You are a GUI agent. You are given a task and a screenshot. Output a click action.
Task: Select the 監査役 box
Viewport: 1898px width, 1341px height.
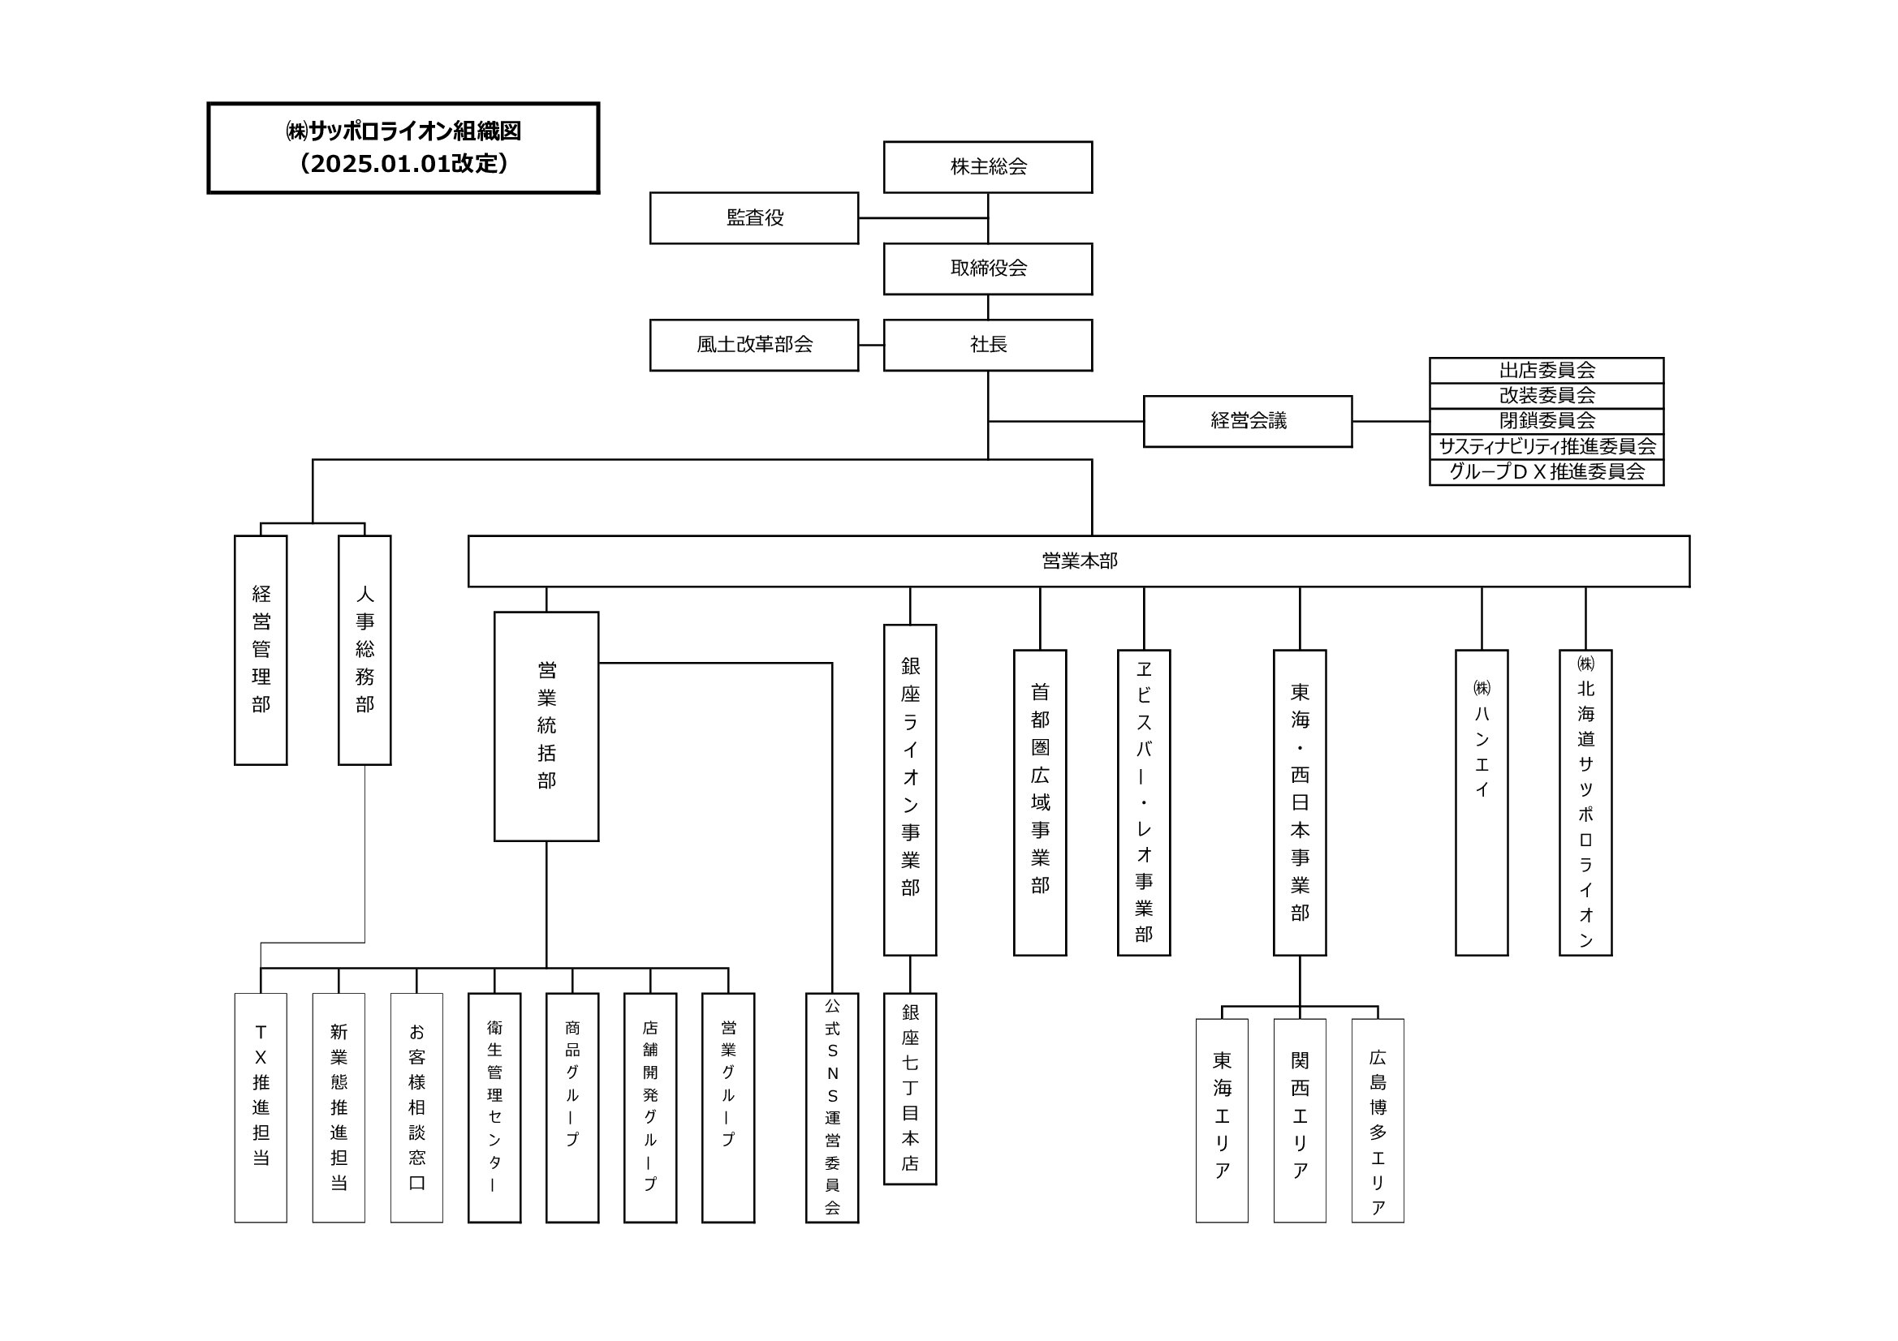pyautogui.click(x=754, y=218)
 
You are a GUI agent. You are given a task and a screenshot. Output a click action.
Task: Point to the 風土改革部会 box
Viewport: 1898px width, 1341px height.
pyautogui.click(x=754, y=345)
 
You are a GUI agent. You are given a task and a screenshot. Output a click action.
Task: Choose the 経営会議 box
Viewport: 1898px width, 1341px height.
pyautogui.click(x=1248, y=421)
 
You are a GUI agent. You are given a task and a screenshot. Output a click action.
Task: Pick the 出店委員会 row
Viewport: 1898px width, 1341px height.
pyautogui.click(x=1546, y=370)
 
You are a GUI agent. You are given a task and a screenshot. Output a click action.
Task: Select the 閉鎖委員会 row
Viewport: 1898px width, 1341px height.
pyautogui.click(x=1546, y=420)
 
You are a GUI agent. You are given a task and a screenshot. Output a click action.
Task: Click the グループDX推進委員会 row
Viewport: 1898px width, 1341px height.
pyautogui.click(x=1546, y=472)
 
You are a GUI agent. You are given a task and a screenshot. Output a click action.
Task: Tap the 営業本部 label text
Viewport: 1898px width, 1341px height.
pyautogui.click(x=1079, y=561)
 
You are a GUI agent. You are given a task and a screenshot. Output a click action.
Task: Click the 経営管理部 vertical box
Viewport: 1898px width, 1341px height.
pyautogui.click(x=261, y=650)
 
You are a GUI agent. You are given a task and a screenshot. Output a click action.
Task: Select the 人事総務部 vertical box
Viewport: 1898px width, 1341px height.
pyautogui.click(x=365, y=650)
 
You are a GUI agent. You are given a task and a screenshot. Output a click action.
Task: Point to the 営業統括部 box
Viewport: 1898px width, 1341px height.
pyautogui.click(x=546, y=726)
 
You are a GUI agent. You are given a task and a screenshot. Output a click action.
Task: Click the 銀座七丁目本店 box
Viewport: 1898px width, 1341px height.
pyautogui.click(x=909, y=1088)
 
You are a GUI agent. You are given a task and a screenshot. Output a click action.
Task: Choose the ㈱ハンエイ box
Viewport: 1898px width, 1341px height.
pyautogui.click(x=1482, y=802)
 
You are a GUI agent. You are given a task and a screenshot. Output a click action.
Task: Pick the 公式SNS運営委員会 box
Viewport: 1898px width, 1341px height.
pyautogui.click(x=831, y=1107)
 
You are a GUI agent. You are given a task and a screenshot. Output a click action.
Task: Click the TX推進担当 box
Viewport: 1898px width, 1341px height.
pyautogui.click(x=261, y=1107)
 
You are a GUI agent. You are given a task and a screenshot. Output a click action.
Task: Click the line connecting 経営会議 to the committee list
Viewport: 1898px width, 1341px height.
pyautogui.click(x=1391, y=421)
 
